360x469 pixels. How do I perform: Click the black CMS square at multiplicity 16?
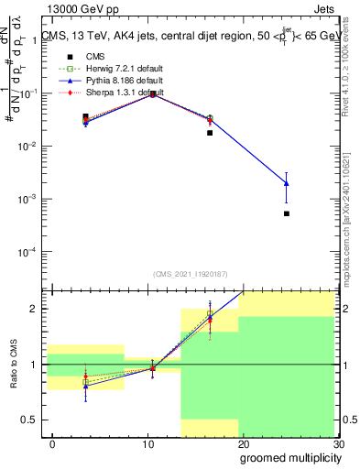tap(210, 133)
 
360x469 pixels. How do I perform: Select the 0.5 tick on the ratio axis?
tap(29, 420)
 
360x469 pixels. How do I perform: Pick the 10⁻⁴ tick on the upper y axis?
tap(27, 251)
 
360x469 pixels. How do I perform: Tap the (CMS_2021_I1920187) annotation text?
tap(190, 273)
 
